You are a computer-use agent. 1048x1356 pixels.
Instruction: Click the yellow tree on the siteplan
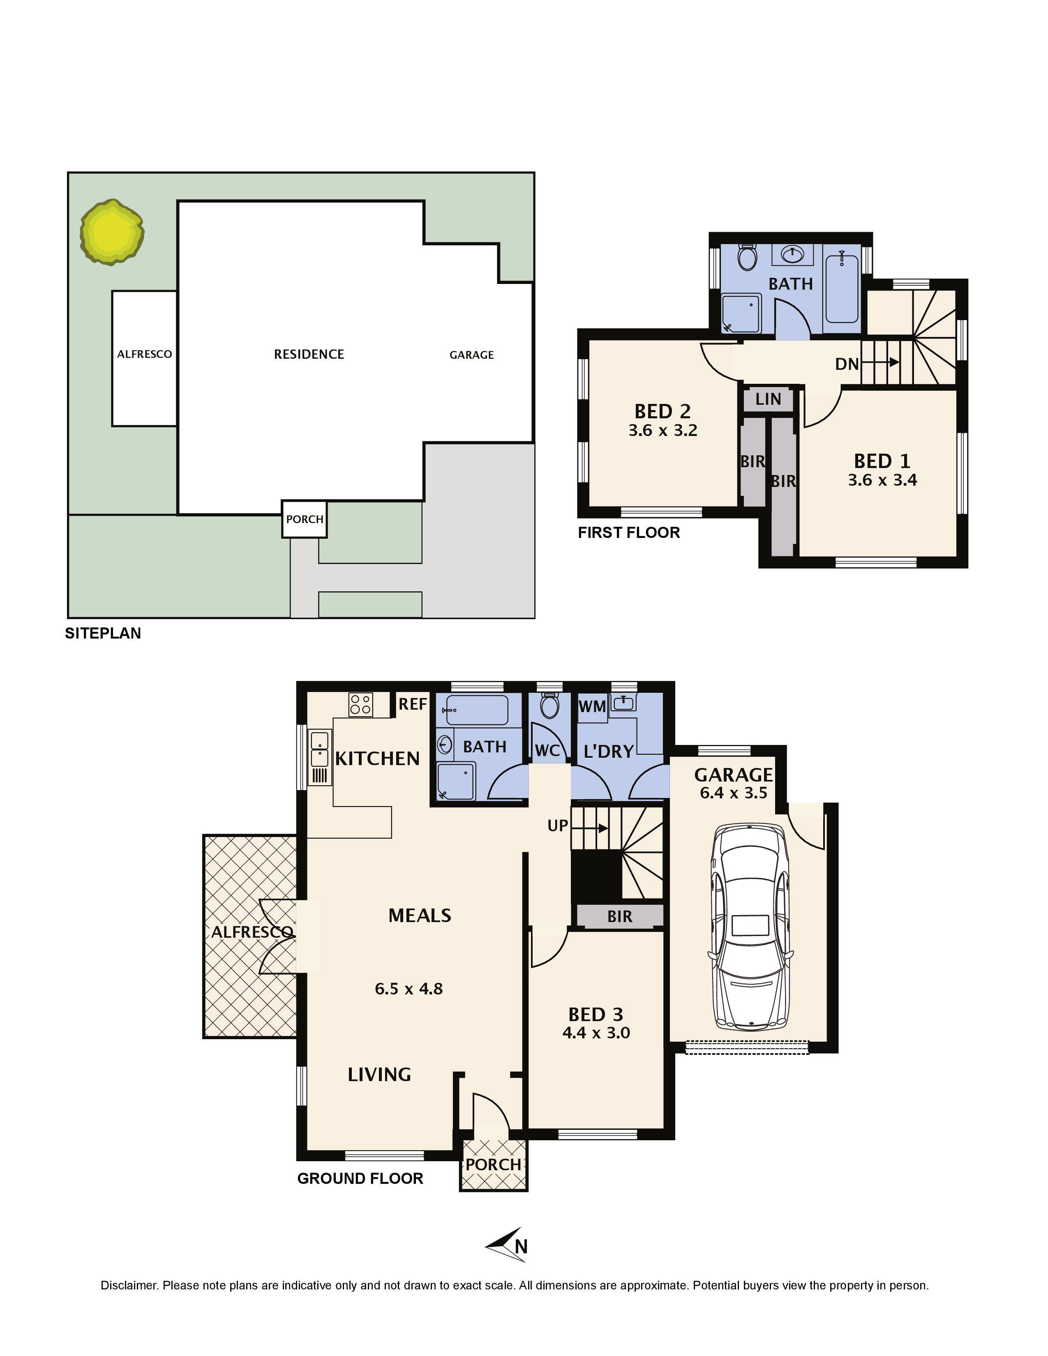(112, 232)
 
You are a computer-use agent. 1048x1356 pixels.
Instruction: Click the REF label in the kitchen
(413, 703)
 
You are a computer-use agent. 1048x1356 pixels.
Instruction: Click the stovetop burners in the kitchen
(361, 705)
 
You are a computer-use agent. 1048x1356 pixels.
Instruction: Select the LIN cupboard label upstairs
(768, 399)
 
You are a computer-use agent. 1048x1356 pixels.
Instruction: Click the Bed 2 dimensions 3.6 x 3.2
(663, 430)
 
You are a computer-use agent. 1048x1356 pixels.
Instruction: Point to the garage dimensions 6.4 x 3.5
(733, 793)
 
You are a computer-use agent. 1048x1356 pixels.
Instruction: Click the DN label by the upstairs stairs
(847, 364)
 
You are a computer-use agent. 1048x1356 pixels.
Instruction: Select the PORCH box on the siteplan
(304, 519)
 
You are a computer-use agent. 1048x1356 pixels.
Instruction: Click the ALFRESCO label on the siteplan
(145, 354)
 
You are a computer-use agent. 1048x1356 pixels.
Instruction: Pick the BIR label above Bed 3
(620, 916)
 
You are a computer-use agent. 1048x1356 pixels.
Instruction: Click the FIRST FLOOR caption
(629, 532)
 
